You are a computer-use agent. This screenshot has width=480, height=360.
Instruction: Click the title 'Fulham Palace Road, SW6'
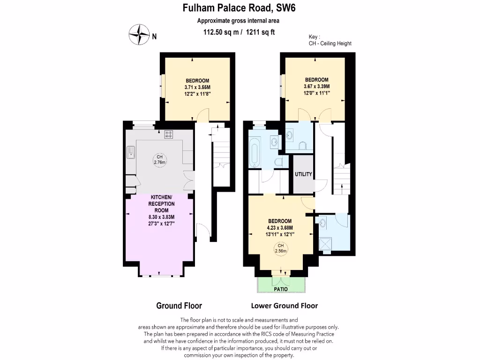[240, 8]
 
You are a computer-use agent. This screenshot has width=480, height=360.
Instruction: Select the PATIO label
[281, 289]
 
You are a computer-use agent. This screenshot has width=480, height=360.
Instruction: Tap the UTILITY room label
[303, 174]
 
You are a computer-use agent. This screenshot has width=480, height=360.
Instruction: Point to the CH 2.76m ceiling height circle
[160, 160]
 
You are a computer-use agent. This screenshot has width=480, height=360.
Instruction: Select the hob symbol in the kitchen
[169, 135]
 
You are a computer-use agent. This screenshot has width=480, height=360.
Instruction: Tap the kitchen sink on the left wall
[131, 152]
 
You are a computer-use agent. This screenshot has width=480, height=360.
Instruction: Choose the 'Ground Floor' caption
[179, 306]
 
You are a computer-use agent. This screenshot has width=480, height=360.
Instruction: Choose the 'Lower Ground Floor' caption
[285, 306]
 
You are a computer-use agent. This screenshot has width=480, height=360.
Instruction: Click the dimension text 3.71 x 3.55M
[197, 87]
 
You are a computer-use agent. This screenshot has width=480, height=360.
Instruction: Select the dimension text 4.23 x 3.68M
[280, 228]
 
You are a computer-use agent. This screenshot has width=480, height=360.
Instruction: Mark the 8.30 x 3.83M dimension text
[161, 217]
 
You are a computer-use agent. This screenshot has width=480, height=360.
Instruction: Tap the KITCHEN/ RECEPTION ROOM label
[161, 204]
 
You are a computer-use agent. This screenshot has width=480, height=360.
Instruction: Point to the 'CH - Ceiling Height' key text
[330, 44]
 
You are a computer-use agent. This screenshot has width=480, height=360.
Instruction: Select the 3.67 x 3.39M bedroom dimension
[316, 86]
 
